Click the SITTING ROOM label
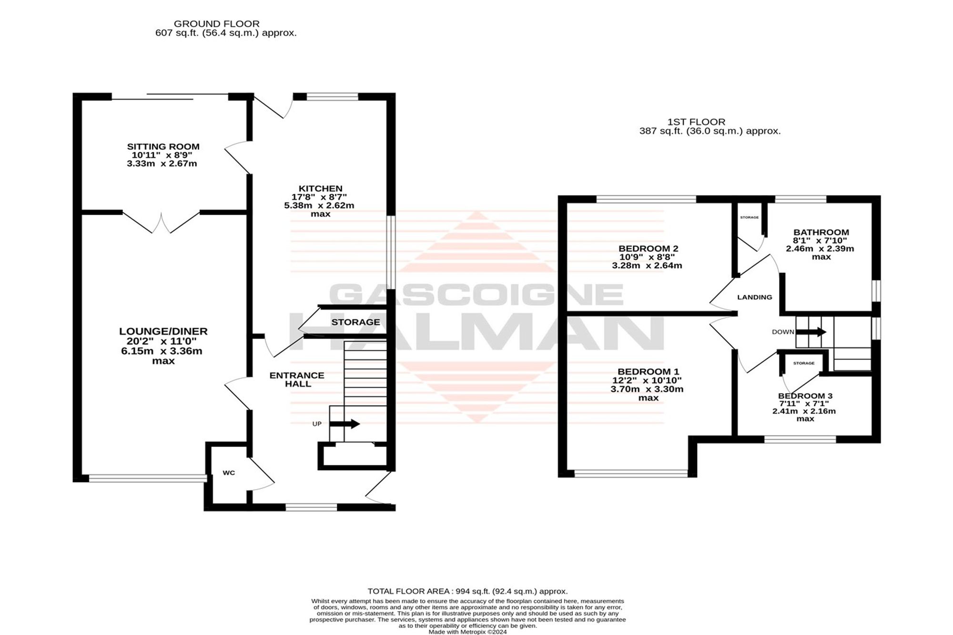[163, 147]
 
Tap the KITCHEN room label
[320, 189]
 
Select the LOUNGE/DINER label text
[163, 331]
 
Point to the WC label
[229, 473]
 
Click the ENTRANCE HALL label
[297, 380]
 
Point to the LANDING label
[755, 297]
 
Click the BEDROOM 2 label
[648, 249]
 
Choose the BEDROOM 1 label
[648, 372]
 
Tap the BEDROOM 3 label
[805, 396]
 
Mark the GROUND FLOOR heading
[217, 24]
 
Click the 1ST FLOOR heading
[697, 122]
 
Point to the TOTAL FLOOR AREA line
[467, 591]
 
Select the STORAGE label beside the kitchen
[355, 322]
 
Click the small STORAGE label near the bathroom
[749, 217]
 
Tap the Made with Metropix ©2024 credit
[467, 632]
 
